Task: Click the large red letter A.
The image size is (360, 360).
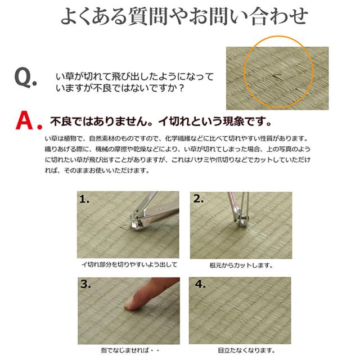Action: coord(28,120)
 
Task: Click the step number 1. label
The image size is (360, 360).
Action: coord(85,199)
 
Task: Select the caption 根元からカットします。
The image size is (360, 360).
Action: coord(240,264)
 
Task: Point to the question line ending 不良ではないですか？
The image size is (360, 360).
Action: coord(120,88)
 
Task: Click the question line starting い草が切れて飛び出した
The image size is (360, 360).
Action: coord(134,76)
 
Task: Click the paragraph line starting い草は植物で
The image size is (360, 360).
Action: coord(181,138)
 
